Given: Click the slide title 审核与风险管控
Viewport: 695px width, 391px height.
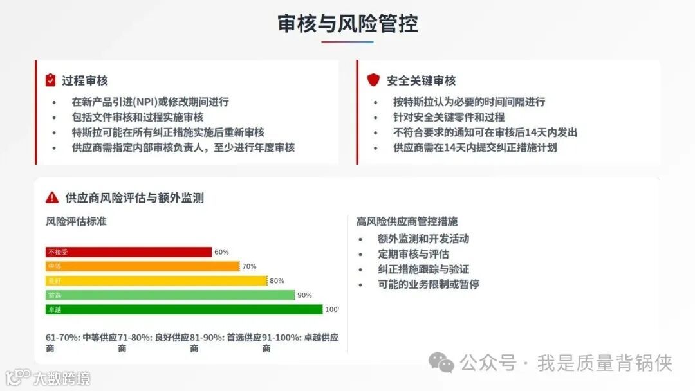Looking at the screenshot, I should pyautogui.click(x=347, y=23).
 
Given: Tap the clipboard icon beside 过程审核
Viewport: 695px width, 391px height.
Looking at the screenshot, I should pyautogui.click(x=51, y=80).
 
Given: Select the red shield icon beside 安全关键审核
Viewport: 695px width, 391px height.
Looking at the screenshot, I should pyautogui.click(x=373, y=80).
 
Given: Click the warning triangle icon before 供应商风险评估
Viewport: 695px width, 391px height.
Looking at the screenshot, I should pyautogui.click(x=52, y=197).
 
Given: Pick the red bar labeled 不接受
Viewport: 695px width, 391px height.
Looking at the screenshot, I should pyautogui.click(x=129, y=252).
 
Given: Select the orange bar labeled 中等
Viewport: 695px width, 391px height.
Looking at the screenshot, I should pyautogui.click(x=142, y=266).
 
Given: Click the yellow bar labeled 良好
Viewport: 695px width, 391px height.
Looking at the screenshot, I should pyautogui.click(x=156, y=281).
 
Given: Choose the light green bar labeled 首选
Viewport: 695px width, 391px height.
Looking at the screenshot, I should pyautogui.click(x=170, y=295).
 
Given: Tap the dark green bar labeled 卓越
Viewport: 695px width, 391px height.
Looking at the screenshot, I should pyautogui.click(x=184, y=309).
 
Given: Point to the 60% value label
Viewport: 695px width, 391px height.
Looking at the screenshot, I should pyautogui.click(x=221, y=252).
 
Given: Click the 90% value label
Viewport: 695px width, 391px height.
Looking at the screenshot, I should pyautogui.click(x=304, y=295).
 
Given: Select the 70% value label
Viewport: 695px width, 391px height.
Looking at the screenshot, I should pyautogui.click(x=249, y=266).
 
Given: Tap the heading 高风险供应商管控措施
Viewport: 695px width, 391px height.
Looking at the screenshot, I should pyautogui.click(x=407, y=221).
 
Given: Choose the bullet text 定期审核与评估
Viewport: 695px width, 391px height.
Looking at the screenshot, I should pyautogui.click(x=413, y=254).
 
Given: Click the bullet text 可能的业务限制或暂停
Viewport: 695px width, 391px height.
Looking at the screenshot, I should pyautogui.click(x=429, y=284).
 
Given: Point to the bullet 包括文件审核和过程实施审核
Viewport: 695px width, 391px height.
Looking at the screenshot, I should pyautogui.click(x=138, y=117).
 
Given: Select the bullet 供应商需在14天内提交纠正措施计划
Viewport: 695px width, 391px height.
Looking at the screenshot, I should pyautogui.click(x=475, y=148).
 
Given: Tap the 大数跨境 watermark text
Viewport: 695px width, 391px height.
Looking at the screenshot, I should pyautogui.click(x=62, y=377).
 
